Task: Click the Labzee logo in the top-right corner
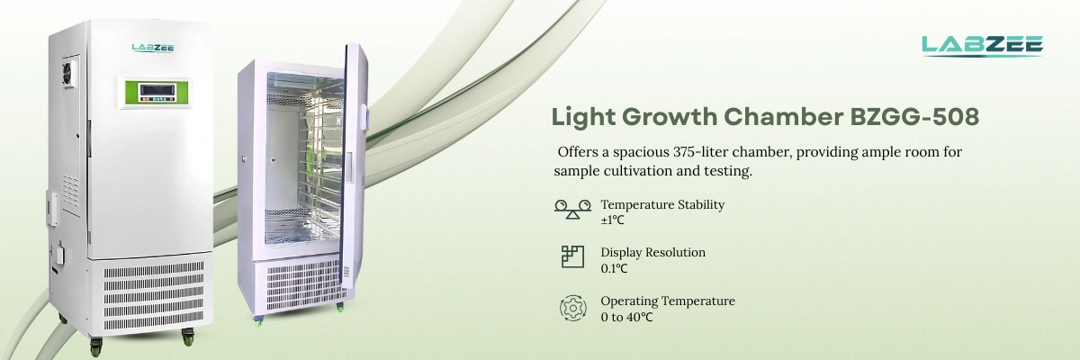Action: point(982,45)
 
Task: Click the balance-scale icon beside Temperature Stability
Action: point(572,210)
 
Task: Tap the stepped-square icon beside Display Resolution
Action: point(572,257)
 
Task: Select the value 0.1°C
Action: point(614,268)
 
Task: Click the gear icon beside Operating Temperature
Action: point(572,307)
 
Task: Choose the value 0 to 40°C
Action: point(626,317)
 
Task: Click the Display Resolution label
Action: point(652,252)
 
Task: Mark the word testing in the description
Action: point(723,170)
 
